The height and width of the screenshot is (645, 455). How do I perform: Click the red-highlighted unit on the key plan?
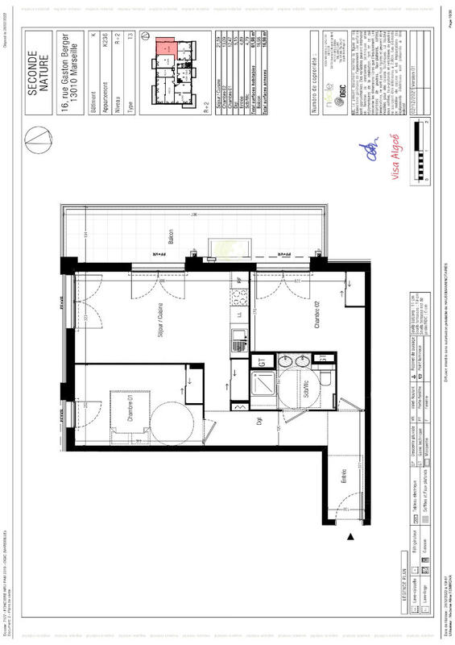[165, 46]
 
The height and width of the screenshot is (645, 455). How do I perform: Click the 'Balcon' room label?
[170, 235]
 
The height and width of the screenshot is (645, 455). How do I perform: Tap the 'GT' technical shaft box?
[262, 362]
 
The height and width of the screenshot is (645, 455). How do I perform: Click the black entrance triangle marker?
[351, 536]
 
